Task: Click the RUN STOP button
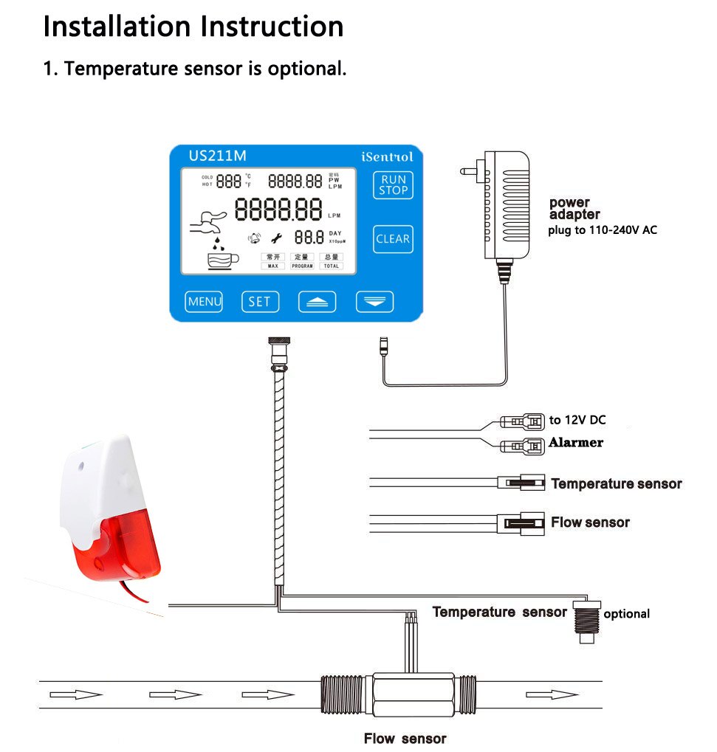(393, 184)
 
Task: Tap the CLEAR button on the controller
(392, 238)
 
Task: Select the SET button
(259, 301)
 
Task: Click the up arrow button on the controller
(317, 301)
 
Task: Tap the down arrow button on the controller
(374, 301)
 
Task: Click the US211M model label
(217, 156)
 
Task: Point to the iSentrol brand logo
(387, 156)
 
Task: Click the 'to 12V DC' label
(577, 420)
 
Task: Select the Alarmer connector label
(575, 442)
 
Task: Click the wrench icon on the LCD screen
(278, 238)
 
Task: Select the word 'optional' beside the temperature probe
(626, 614)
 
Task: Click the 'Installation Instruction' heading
(193, 27)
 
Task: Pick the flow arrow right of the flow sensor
(552, 694)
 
